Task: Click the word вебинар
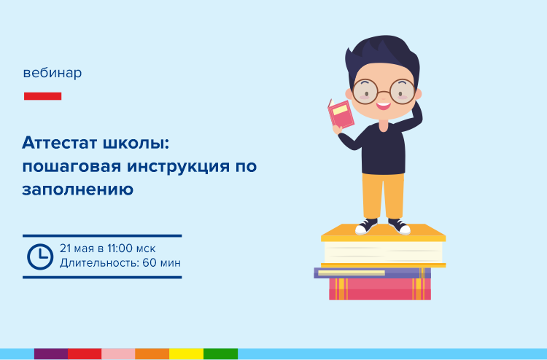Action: pos(53,73)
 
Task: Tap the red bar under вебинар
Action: pos(42,96)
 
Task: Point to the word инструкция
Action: pos(178,167)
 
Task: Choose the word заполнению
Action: pos(78,189)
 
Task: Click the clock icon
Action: pos(40,257)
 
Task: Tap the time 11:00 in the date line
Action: pos(120,249)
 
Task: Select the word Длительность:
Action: pos(99,263)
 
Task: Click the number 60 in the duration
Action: pos(150,263)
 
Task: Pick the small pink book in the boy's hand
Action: pos(340,114)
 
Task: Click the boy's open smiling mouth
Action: pos(383,106)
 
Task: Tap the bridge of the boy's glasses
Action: pos(384,92)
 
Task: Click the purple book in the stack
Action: pos(372,273)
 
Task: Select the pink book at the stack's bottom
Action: pos(380,289)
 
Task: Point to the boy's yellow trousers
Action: pos(383,196)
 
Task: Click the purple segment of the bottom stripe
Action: pos(51,353)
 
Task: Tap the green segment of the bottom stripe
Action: pos(220,353)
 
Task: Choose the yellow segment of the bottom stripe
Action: pos(186,353)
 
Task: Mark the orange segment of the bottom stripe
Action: pos(152,353)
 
